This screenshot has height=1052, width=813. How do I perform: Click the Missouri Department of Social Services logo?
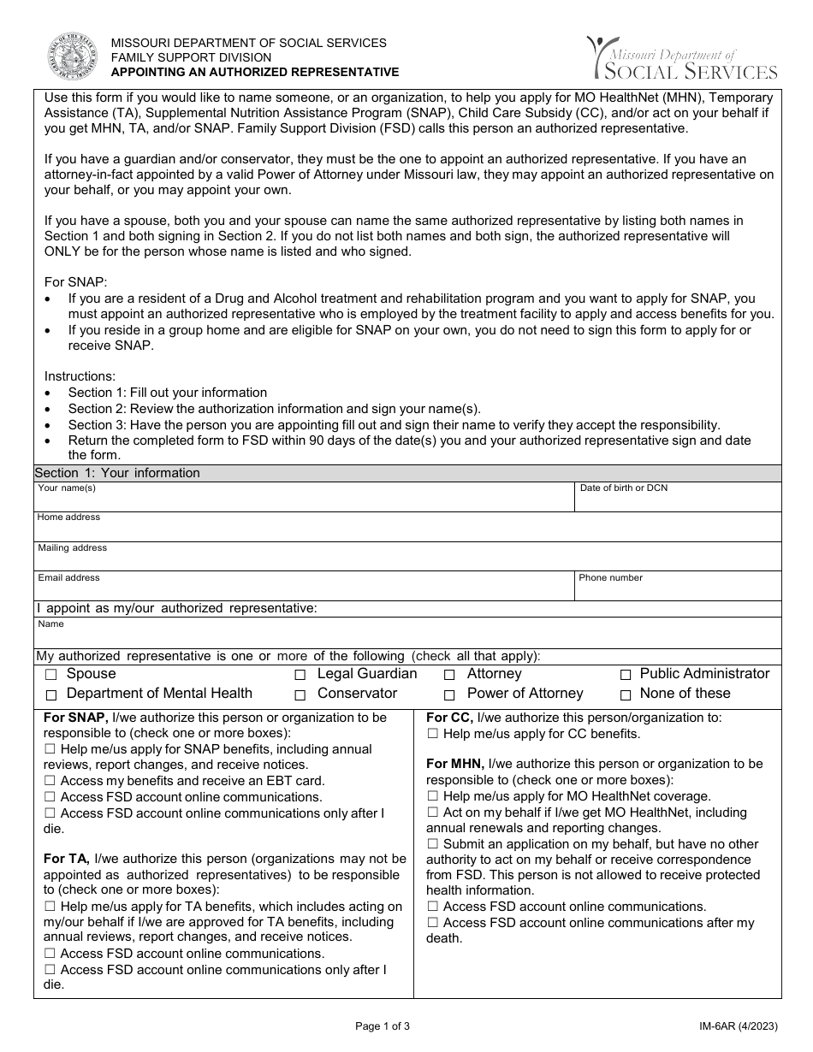point(682,58)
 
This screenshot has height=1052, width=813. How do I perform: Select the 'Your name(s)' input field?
point(304,499)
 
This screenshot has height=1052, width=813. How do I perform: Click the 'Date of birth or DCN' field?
point(678,499)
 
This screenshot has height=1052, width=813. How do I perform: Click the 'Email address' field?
point(304,588)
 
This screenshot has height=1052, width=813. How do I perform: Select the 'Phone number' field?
point(678,588)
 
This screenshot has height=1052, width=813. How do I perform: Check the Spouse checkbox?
point(51,676)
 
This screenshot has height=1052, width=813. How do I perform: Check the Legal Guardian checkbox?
point(300,676)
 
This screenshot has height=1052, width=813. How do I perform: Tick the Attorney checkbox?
point(450,676)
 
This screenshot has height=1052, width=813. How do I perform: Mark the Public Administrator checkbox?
point(626,676)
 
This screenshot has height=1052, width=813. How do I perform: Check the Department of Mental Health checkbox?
point(51,695)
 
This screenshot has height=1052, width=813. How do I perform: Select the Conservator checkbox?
point(300,695)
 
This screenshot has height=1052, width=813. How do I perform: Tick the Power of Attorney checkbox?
point(450,695)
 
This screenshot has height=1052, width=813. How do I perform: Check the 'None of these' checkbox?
point(626,695)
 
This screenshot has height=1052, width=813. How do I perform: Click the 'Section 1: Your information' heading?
point(117,473)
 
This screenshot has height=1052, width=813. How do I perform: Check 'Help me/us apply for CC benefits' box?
point(432,734)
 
